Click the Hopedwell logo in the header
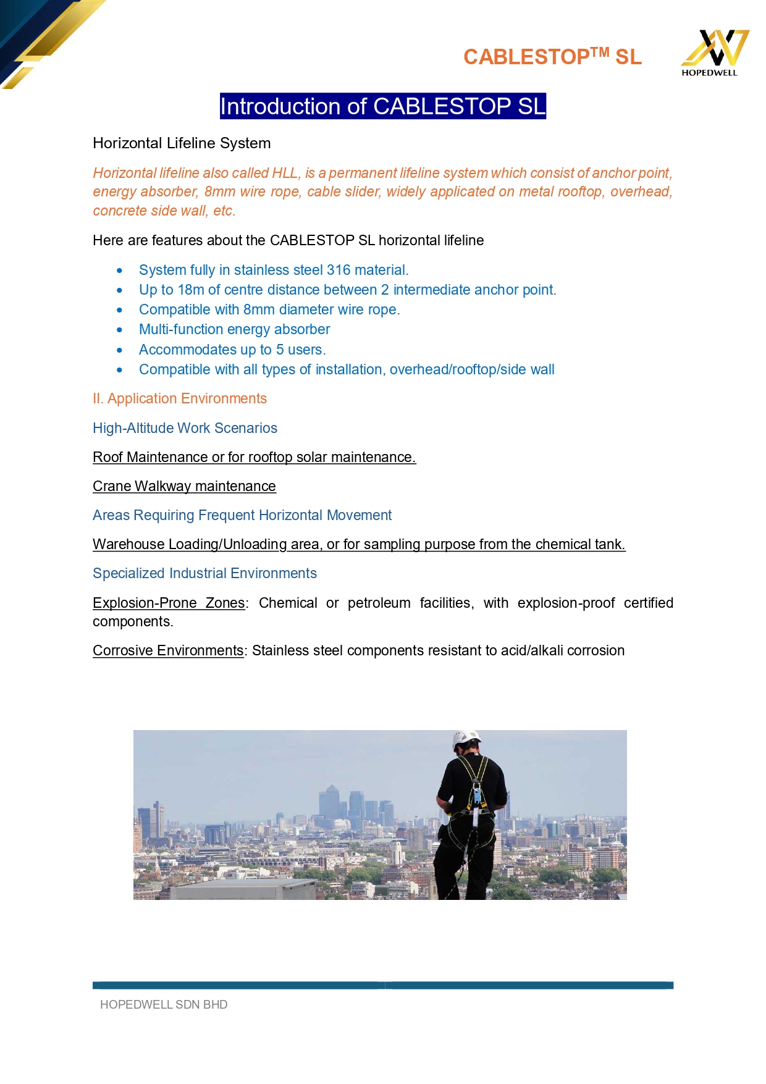(714, 52)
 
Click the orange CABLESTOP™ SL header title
(552, 57)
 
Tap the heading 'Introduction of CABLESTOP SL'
(383, 106)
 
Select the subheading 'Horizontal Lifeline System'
(182, 143)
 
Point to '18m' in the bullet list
(191, 290)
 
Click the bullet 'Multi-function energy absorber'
(234, 329)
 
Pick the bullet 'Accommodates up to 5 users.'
(232, 350)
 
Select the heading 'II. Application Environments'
(180, 398)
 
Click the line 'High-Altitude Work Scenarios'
(185, 428)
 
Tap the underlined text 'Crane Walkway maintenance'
(184, 486)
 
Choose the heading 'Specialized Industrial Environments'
(204, 573)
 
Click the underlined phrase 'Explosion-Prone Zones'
(169, 603)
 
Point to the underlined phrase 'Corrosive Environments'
(168, 650)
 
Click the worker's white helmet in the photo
(466, 739)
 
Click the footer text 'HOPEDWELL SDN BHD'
(164, 1005)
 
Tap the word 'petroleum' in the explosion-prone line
(379, 603)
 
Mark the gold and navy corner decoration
(43, 37)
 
